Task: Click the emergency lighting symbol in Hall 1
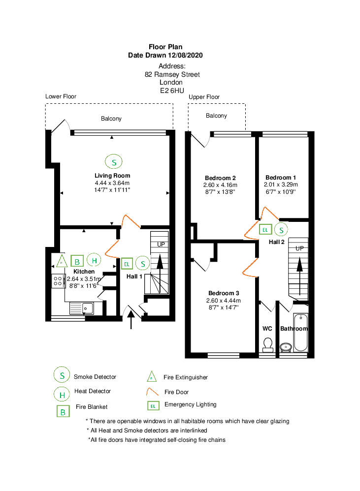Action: (127, 264)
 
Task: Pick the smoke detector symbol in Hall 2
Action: (281, 230)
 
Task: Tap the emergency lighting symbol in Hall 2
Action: (265, 230)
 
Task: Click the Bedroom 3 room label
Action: (224, 293)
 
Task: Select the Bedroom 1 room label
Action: (281, 178)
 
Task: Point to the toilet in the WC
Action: (267, 344)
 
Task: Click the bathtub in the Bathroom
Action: (301, 333)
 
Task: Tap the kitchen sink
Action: (81, 308)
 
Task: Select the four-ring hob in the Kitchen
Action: (58, 281)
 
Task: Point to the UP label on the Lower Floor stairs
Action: (161, 244)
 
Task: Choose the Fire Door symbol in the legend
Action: (153, 392)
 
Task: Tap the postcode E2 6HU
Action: (172, 91)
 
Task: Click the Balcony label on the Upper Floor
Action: (216, 116)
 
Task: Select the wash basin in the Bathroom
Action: (286, 347)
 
